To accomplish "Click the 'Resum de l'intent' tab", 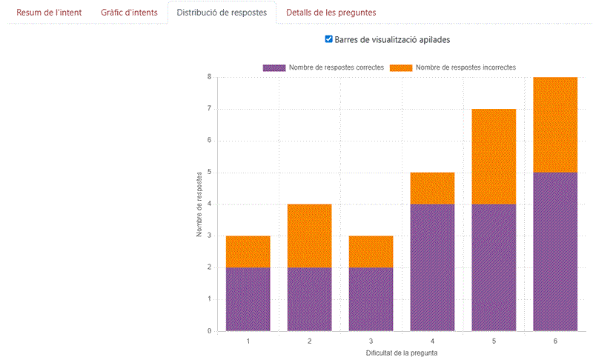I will tap(50, 13).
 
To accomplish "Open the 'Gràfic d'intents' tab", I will tap(129, 13).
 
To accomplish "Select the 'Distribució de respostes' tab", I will tap(222, 13).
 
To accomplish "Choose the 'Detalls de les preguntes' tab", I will tap(331, 13).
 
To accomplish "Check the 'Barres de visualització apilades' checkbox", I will tap(329, 39).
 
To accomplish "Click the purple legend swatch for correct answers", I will tap(274, 67).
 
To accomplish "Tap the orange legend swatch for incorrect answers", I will tap(401, 67).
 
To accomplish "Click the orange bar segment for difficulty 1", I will tap(248, 252).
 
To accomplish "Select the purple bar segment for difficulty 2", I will tap(309, 299).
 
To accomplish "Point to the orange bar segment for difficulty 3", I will tap(371, 252).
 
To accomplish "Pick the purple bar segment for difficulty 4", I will tap(432, 267).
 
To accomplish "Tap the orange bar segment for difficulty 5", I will tap(494, 156).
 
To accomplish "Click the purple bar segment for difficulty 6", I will tap(555, 251).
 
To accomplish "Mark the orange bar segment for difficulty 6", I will tap(555, 124).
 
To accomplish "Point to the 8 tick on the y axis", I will tap(210, 77).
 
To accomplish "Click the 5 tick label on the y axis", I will tap(210, 173).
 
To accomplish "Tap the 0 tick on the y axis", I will tap(210, 331).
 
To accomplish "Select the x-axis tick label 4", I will tap(432, 341).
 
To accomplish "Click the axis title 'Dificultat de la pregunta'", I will tap(401, 353).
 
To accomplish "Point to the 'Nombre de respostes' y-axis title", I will tap(199, 204).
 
